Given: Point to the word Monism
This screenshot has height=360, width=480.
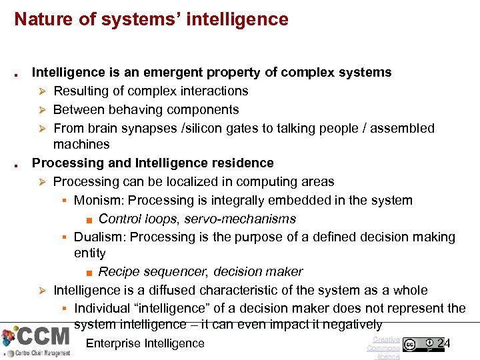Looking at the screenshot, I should coord(99,200).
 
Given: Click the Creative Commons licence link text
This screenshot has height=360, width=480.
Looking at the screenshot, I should coord(384,348).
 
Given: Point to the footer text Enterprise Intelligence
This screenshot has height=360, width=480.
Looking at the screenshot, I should coord(145,343).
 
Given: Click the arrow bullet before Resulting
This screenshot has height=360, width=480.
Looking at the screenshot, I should coord(41,91).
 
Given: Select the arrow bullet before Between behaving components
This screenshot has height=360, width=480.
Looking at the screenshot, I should coord(41,110).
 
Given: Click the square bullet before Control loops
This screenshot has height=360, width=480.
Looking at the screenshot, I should coord(89,219).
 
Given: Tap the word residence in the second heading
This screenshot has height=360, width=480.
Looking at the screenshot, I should coord(242,163).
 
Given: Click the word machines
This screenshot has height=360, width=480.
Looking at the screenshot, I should coord(81,144).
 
